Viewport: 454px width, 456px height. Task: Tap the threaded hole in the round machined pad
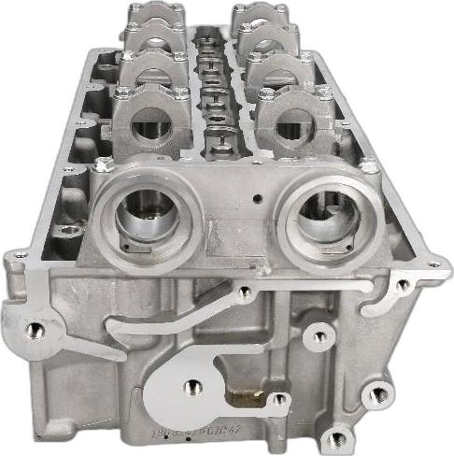(x=194, y=385)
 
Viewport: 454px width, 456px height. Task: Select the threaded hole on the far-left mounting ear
(x=35, y=329)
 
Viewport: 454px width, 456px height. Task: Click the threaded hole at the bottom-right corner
(x=338, y=436)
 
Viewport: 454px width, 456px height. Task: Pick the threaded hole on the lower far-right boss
(x=377, y=394)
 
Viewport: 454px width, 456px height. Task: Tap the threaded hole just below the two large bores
(x=245, y=292)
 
